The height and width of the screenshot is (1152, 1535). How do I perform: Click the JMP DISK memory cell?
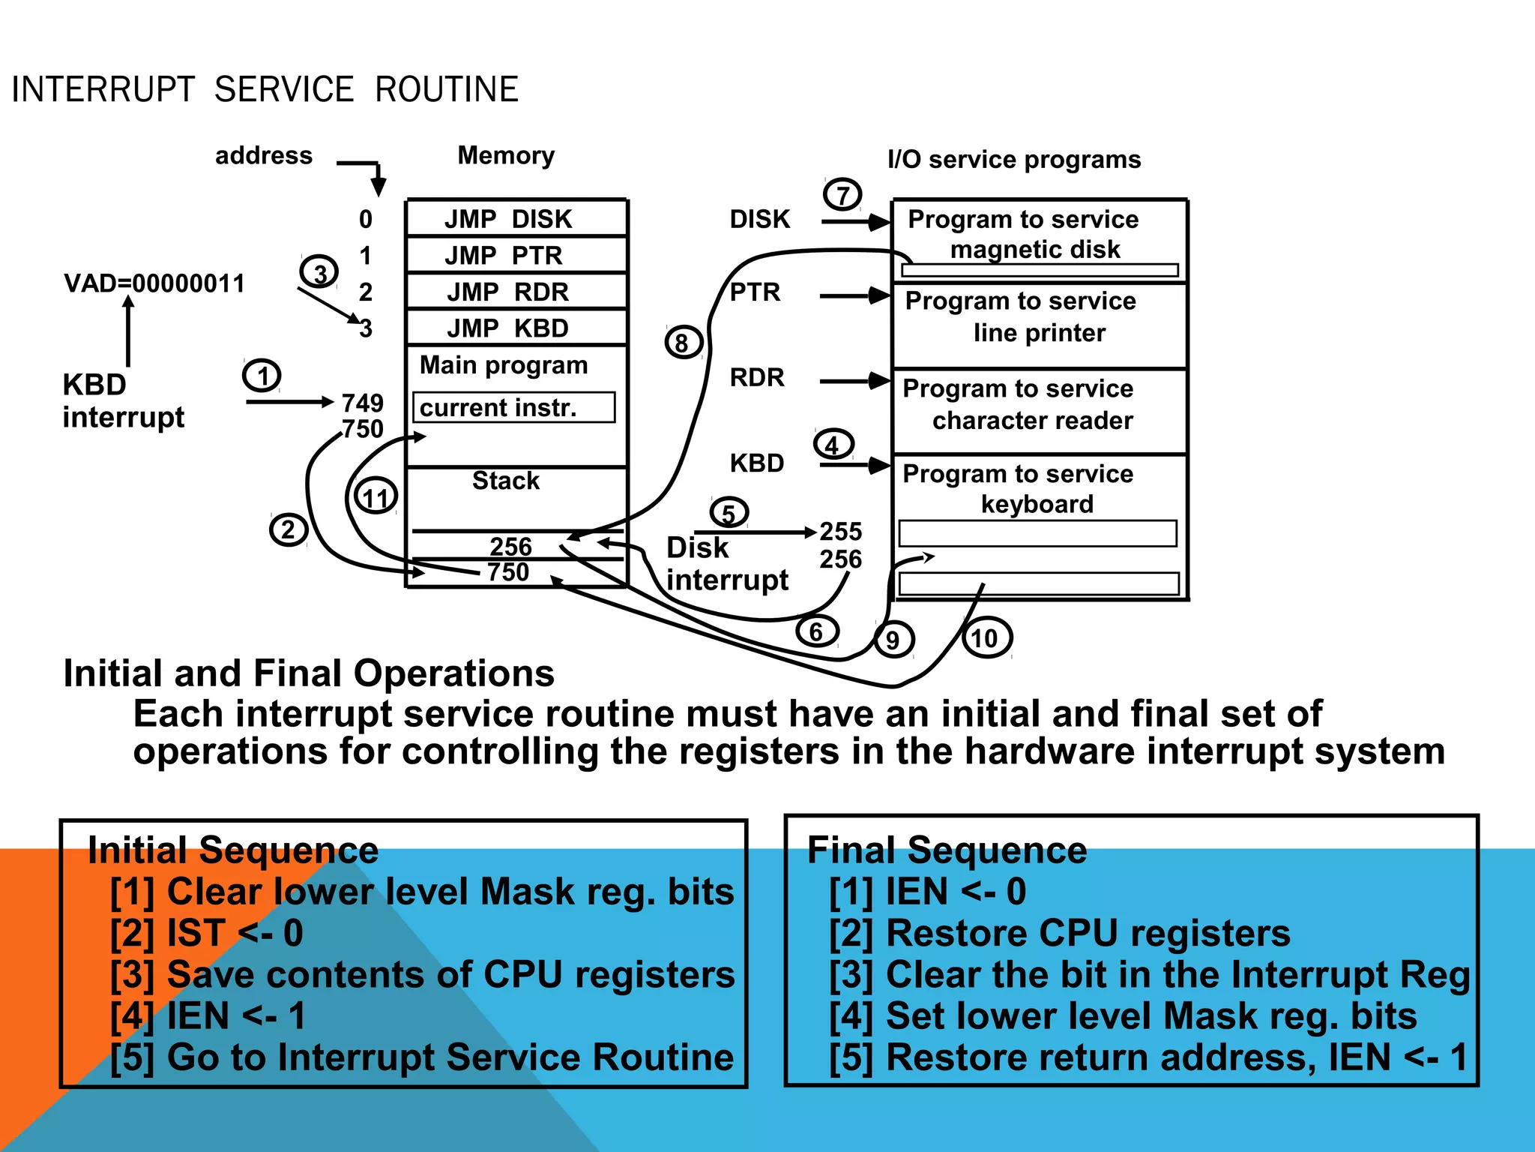(516, 218)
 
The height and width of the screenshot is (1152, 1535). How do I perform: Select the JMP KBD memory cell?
(516, 328)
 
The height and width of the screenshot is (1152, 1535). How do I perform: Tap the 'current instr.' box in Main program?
(513, 407)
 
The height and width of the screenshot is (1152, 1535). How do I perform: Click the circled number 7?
(842, 195)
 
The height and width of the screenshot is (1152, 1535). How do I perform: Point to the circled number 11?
(376, 496)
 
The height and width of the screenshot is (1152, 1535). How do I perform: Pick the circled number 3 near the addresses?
(319, 272)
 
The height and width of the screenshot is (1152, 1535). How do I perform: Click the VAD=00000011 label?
(154, 283)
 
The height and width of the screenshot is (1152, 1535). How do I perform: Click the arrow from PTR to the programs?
(854, 295)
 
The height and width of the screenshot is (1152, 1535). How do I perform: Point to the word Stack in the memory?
(506, 481)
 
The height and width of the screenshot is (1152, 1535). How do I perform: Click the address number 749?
(363, 403)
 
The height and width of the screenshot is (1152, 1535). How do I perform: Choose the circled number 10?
(986, 638)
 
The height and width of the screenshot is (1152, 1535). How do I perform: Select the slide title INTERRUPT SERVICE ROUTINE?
(265, 89)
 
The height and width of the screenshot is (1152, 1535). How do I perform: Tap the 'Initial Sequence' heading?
(233, 850)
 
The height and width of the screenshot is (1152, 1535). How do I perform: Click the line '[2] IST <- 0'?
(206, 933)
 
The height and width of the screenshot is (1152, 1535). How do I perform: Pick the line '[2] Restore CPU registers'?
(1059, 933)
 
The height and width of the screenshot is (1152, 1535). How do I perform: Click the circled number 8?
(683, 342)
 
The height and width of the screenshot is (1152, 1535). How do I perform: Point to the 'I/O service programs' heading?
(1014, 159)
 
